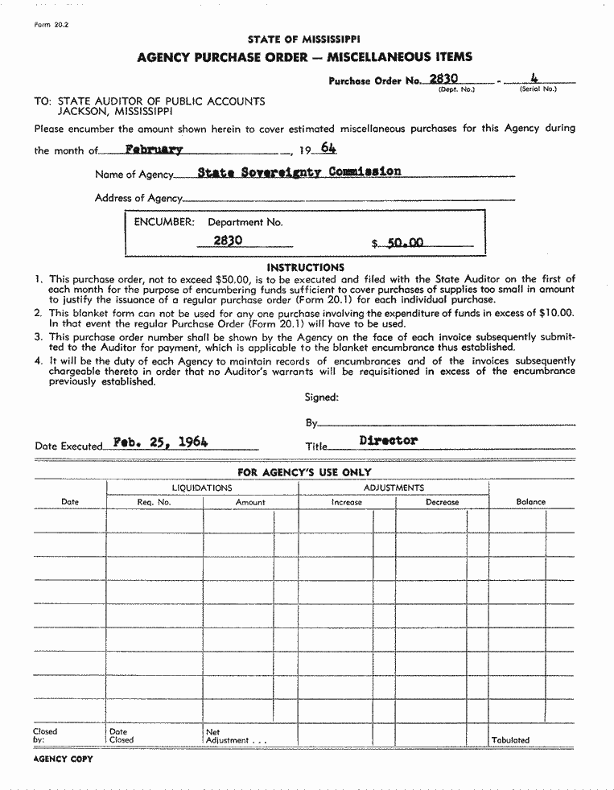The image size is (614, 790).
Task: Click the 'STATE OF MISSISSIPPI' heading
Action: coord(304,39)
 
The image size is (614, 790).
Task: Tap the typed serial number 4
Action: coord(534,78)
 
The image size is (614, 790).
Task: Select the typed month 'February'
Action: coord(154,149)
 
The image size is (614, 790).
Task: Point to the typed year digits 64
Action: coord(328,148)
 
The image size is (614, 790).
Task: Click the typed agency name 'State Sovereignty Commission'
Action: coord(287,171)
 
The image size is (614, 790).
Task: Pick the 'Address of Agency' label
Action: coord(138,198)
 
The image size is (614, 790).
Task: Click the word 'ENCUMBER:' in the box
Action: coord(164,222)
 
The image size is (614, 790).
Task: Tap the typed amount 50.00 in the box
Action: coord(405,241)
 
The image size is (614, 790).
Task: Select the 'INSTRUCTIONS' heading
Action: coord(305,267)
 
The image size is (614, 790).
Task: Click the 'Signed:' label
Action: coord(322,397)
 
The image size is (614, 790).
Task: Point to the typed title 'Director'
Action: coord(389,441)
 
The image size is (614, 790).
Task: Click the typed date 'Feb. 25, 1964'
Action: coord(161,442)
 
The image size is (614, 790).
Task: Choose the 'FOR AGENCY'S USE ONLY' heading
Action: coord(304,472)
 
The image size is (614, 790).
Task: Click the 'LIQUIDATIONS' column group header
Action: coord(202,488)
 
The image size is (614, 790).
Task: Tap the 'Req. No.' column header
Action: coord(155,502)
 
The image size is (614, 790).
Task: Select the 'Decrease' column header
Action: coord(442,502)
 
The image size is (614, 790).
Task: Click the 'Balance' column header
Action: coord(530,502)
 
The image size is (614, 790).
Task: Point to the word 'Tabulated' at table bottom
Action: coord(510,740)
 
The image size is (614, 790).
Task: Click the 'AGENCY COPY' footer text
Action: coord(64,759)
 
